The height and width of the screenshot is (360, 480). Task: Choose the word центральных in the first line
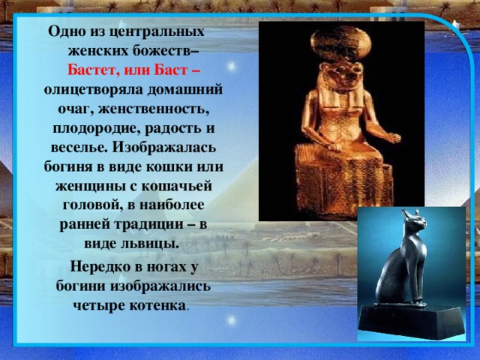coord(159,33)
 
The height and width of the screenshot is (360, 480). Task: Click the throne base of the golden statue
coord(337,187)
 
